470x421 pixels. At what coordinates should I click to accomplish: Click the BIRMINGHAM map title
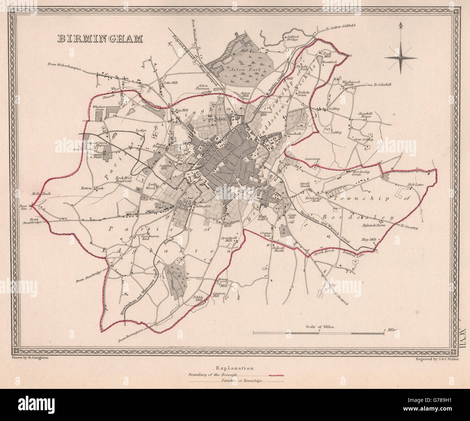(99, 39)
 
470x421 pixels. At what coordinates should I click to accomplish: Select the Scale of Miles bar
(318, 333)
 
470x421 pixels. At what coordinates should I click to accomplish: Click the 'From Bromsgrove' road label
(128, 339)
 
